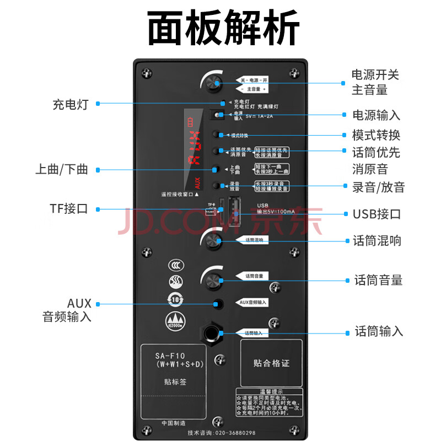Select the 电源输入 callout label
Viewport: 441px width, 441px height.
[376, 115]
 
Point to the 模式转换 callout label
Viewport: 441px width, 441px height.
[376, 135]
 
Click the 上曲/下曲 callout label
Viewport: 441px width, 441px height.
[61, 170]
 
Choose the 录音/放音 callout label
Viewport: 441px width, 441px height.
[379, 187]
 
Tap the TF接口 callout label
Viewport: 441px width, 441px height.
[68, 209]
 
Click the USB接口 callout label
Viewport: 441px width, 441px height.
[377, 214]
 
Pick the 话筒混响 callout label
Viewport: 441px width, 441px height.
[377, 241]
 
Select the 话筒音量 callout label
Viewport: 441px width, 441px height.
[378, 281]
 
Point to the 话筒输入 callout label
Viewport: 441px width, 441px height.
[379, 331]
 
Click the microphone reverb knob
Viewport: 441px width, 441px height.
[212, 241]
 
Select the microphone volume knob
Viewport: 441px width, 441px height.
[212, 280]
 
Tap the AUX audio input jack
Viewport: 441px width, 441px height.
[219, 303]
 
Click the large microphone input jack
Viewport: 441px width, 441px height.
[212, 332]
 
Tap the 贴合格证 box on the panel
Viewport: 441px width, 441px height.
[271, 363]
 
